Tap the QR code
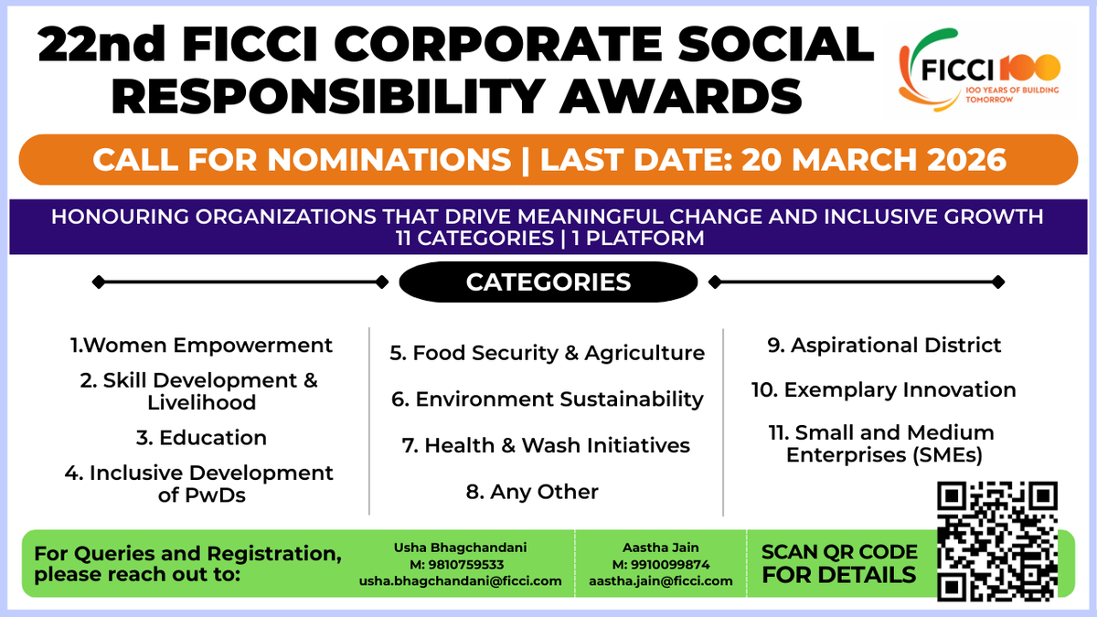pyautogui.click(x=998, y=541)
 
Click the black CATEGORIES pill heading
pyautogui.click(x=548, y=282)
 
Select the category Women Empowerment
pyautogui.click(x=202, y=346)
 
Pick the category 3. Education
pyautogui.click(x=201, y=438)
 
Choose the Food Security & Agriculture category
pyautogui.click(x=547, y=353)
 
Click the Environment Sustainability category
pyautogui.click(x=547, y=399)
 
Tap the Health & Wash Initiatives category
pyautogui.click(x=546, y=446)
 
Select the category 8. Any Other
pyautogui.click(x=532, y=492)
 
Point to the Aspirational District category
pyautogui.click(x=884, y=346)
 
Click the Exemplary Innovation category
pyautogui.click(x=884, y=390)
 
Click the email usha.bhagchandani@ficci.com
pyautogui.click(x=460, y=580)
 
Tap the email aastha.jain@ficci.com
pyautogui.click(x=661, y=580)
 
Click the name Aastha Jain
pyautogui.click(x=660, y=548)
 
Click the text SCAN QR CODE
pyautogui.click(x=839, y=552)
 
